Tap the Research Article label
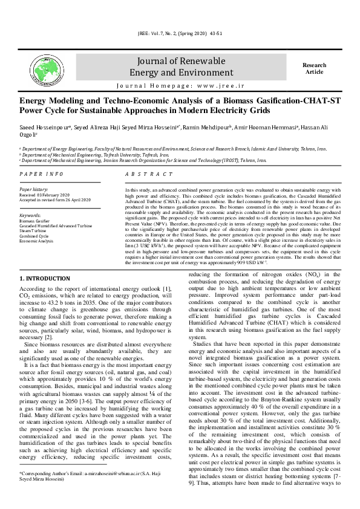pyautogui.click(x=314, y=68)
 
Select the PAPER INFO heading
pyautogui.click(x=41, y=174)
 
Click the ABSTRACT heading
pyautogui.click(x=148, y=174)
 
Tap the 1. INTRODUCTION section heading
pyautogui.click(x=45, y=278)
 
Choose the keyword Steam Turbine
pyautogui.click(x=34, y=230)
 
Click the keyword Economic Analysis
pyautogui.click(x=38, y=240)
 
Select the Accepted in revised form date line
pyautogui.click(x=55, y=200)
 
